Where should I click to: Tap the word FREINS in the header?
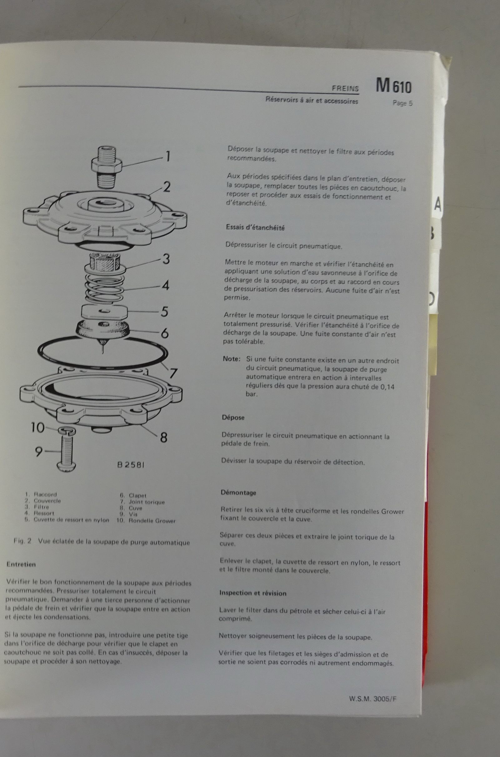345,88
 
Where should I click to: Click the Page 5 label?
402,103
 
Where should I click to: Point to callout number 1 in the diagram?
167,156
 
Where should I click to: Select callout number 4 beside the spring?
165,285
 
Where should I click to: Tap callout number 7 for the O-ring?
173,373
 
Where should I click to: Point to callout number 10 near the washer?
37,427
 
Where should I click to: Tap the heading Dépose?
233,417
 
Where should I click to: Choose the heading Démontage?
238,492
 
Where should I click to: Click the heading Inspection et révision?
252,593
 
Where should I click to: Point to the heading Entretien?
21,564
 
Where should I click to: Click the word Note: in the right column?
231,359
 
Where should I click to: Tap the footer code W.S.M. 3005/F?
373,699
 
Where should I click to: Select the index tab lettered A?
438,204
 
